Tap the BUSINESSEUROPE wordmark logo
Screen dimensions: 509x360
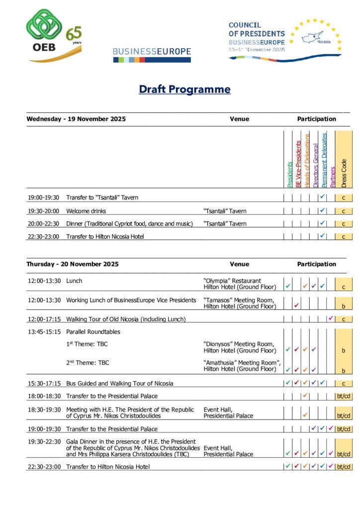pyautogui.click(x=152, y=52)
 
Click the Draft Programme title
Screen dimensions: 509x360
pyautogui.click(x=184, y=89)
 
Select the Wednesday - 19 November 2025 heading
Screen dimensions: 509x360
pyautogui.click(x=76, y=119)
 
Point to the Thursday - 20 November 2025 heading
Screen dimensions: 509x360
pyautogui.click(x=73, y=264)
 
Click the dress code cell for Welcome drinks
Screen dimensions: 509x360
pyautogui.click(x=344, y=211)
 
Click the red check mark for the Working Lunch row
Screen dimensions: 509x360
pyautogui.click(x=297, y=305)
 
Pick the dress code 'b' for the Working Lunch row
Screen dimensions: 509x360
pyautogui.click(x=344, y=307)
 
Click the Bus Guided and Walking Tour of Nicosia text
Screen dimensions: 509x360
pyautogui.click(x=120, y=383)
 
